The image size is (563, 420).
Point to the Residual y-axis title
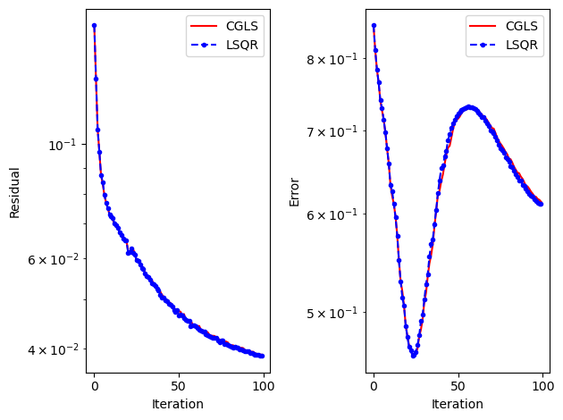tap(14, 191)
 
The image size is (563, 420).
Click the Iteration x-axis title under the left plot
tap(178, 404)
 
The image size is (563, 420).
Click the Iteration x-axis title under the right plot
tap(458, 404)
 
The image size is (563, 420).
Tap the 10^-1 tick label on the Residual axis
tap(65, 145)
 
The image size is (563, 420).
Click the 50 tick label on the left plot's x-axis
tap(178, 386)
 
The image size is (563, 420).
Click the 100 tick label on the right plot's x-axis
tap(543, 386)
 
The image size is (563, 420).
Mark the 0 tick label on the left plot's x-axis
tap(94, 386)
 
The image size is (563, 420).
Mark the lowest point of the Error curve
tap(414, 356)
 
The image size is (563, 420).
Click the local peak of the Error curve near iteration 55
tap(468, 107)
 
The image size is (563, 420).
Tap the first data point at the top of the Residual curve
tap(94, 26)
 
